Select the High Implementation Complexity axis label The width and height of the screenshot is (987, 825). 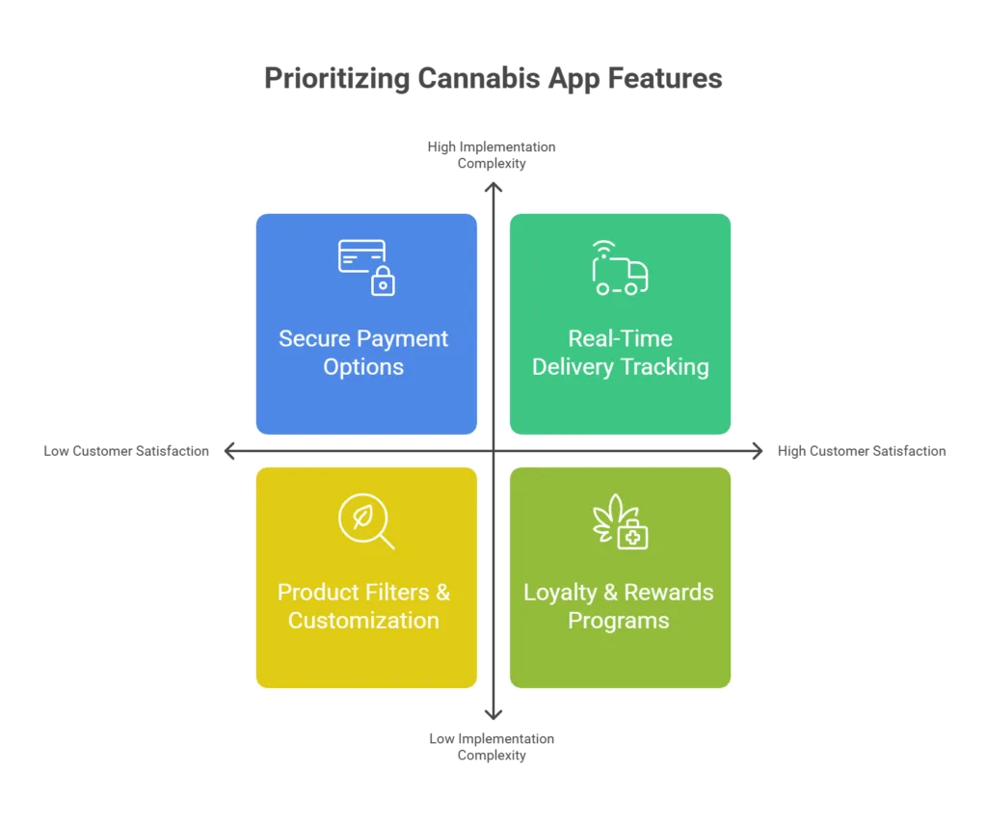(x=492, y=155)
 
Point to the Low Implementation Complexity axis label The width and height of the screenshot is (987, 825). (x=492, y=746)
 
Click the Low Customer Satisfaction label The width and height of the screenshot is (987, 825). (x=126, y=451)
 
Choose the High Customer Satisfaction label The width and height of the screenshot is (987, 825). (x=862, y=451)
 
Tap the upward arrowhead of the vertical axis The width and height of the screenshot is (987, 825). (x=493, y=186)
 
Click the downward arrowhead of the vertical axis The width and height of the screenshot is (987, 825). (x=493, y=715)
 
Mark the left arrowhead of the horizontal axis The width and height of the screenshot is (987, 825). (x=229, y=451)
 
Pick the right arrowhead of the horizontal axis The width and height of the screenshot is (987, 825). (x=758, y=451)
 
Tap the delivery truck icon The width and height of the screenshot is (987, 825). (x=620, y=267)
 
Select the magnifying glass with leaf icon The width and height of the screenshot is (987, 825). (x=366, y=521)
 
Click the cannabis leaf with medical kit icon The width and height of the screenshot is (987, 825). (x=620, y=521)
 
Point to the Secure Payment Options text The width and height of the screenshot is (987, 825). (x=363, y=353)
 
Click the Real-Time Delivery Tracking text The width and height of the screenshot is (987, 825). (x=621, y=353)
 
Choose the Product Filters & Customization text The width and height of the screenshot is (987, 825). (x=363, y=606)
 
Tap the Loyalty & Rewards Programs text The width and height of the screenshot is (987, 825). (x=619, y=606)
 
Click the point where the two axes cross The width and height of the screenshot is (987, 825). (x=493, y=451)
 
